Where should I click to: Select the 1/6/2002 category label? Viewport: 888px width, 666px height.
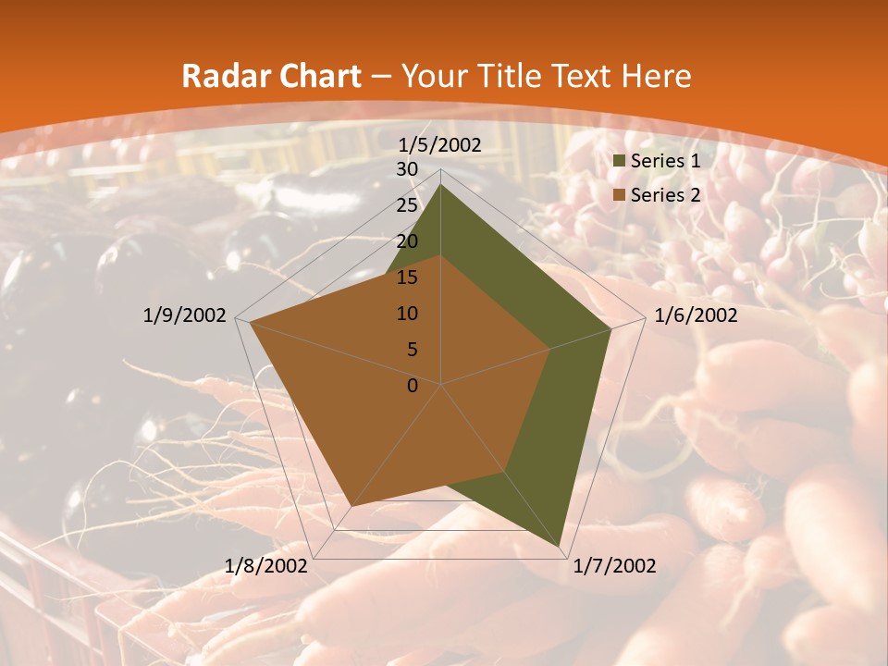(696, 315)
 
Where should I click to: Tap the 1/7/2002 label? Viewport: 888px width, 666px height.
(615, 566)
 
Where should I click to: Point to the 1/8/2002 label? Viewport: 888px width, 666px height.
(266, 566)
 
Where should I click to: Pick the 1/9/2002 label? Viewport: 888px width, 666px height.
(185, 315)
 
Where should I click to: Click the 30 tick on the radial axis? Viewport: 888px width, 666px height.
(407, 169)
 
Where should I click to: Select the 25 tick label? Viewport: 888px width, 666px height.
(407, 205)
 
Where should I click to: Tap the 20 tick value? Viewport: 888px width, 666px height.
(407, 241)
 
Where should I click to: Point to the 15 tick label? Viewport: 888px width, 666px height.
(407, 277)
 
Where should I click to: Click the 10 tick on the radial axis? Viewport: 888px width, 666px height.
(407, 314)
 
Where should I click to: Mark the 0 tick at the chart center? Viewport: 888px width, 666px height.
(413, 386)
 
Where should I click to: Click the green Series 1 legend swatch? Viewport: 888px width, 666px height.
(620, 162)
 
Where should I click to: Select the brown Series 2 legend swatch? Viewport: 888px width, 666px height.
(620, 195)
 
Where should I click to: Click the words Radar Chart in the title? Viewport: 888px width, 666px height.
(271, 77)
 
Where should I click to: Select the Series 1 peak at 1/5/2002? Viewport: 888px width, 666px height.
(441, 185)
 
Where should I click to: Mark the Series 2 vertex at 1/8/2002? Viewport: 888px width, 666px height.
(351, 506)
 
